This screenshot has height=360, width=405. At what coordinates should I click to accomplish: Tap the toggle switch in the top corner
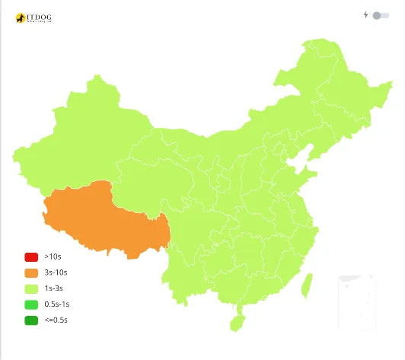[x=381, y=15]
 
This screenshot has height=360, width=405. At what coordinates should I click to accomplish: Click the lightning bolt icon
[x=365, y=14]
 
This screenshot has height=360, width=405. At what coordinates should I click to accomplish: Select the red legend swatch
[x=31, y=257]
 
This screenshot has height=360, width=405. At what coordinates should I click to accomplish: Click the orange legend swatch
[x=31, y=272]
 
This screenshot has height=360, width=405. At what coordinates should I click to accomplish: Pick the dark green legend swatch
[x=31, y=320]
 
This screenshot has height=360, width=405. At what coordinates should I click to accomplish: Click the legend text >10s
[x=54, y=257]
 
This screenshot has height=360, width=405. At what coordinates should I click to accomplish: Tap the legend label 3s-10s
[x=56, y=272]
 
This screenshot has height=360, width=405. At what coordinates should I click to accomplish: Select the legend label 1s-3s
[x=54, y=288]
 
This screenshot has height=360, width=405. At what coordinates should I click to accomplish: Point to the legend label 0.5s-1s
[x=57, y=304]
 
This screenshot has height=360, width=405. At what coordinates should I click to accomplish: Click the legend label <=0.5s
[x=56, y=320]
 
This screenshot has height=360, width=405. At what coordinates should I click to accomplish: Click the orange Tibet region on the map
[x=107, y=221]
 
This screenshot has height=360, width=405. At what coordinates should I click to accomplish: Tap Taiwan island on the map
[x=307, y=285]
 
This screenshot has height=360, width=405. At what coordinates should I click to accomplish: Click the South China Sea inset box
[x=357, y=302]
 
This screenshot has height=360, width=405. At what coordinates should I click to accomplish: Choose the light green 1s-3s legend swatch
[x=31, y=288]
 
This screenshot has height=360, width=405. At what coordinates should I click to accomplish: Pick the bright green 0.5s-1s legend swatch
[x=31, y=304]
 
